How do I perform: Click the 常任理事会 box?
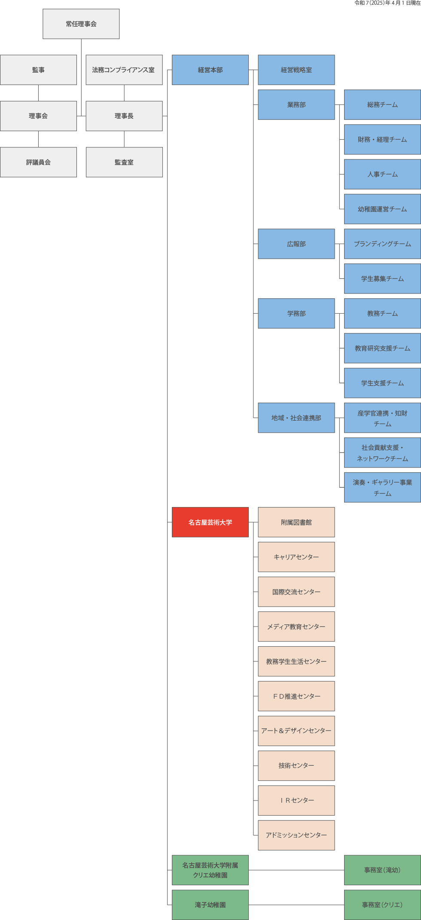pyautogui.click(x=81, y=24)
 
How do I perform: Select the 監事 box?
pyautogui.click(x=38, y=70)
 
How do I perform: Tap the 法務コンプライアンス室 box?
pyautogui.click(x=124, y=70)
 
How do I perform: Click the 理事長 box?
pyautogui.click(x=124, y=116)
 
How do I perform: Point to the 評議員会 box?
pyautogui.click(x=38, y=162)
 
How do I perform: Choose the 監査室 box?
pyautogui.click(x=124, y=162)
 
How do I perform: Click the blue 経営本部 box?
pyautogui.click(x=210, y=70)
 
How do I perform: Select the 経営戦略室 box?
pyautogui.click(x=296, y=70)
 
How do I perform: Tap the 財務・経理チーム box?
pyautogui.click(x=382, y=139)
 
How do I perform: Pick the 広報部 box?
pyautogui.click(x=296, y=244)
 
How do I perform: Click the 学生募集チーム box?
pyautogui.click(x=382, y=278)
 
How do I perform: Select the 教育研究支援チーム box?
pyautogui.click(x=382, y=348)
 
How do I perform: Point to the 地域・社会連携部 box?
pyautogui.click(x=296, y=418)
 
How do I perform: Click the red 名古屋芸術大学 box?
pyautogui.click(x=210, y=522)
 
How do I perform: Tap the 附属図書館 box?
pyautogui.click(x=296, y=522)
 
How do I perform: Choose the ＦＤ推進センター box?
pyautogui.click(x=296, y=696)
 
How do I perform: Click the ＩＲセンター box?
pyautogui.click(x=296, y=800)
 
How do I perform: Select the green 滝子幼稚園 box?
pyautogui.click(x=210, y=905)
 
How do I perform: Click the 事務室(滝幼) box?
pyautogui.click(x=382, y=870)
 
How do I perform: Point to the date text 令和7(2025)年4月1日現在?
pyautogui.click(x=387, y=3)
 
